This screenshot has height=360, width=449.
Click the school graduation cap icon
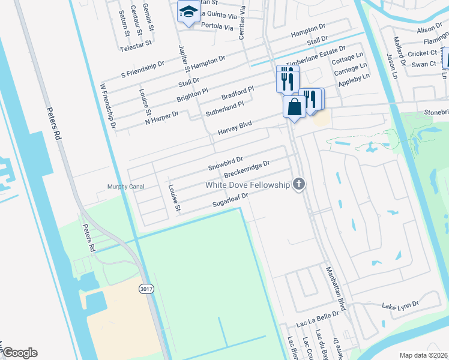(188, 12)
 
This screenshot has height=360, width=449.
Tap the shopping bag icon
(294, 107)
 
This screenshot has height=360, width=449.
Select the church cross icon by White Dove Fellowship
(298, 184)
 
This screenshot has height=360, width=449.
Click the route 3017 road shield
(145, 288)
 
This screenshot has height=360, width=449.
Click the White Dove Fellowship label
(247, 185)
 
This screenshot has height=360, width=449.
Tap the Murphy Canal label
(125, 187)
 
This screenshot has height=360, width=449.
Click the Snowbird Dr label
(225, 163)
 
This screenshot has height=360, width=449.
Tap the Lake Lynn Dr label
(400, 305)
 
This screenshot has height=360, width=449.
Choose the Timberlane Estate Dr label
(316, 56)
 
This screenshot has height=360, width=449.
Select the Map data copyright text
(423, 355)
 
